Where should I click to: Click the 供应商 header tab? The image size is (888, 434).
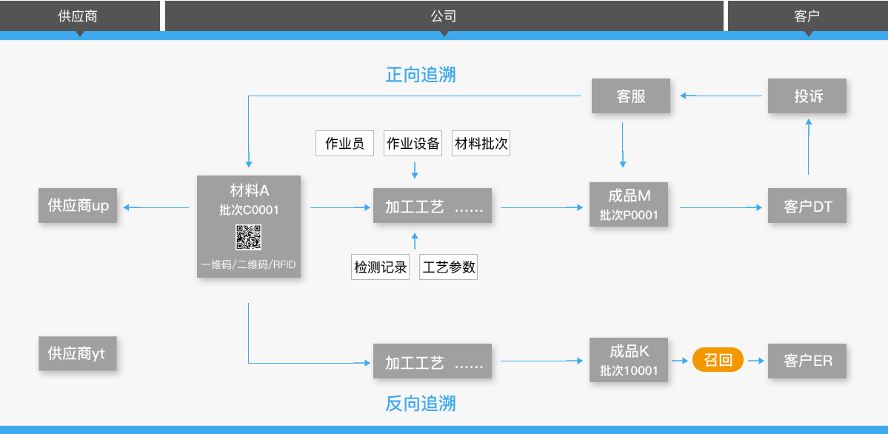coord(78,16)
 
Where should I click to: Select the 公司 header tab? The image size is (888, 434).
coord(443,16)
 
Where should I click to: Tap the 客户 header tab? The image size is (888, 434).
coord(807,16)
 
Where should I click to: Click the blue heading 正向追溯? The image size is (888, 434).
coord(420,75)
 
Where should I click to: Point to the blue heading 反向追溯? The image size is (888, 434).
coord(420,404)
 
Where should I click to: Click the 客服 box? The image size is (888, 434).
coord(631,96)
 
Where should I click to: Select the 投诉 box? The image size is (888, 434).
coord(807,96)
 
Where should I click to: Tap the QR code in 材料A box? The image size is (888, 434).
coord(249,237)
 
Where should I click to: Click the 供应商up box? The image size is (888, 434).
coord(78,206)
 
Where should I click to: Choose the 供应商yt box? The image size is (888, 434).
coord(78,354)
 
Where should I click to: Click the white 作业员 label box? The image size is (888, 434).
coord(345,144)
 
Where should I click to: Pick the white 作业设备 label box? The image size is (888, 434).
coord(413,144)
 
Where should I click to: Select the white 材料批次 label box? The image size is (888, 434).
coord(481,144)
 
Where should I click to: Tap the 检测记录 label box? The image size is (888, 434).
coord(380,267)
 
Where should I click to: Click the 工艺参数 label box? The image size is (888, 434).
coord(448,267)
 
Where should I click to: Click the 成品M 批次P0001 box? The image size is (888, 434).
coord(629,205)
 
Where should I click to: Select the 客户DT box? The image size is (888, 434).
coord(807,207)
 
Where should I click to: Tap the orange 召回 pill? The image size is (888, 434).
coord(718,361)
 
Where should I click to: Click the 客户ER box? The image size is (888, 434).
coord(807,361)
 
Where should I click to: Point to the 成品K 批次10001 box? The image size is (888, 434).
coord(629,361)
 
